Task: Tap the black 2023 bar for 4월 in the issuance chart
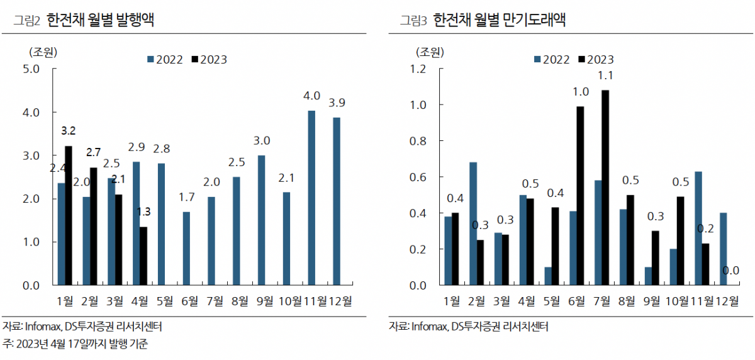click(x=143, y=256)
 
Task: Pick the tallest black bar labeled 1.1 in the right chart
click(x=605, y=188)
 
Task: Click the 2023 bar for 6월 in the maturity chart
click(x=580, y=196)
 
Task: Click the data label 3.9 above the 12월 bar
click(x=337, y=103)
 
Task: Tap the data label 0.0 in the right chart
click(x=730, y=270)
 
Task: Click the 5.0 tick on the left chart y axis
click(x=31, y=69)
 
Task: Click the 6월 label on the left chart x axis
click(x=188, y=301)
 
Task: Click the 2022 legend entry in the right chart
click(x=552, y=60)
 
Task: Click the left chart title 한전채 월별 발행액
click(x=101, y=20)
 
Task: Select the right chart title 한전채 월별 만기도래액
click(x=501, y=20)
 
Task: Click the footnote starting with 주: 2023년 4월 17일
click(x=75, y=344)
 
